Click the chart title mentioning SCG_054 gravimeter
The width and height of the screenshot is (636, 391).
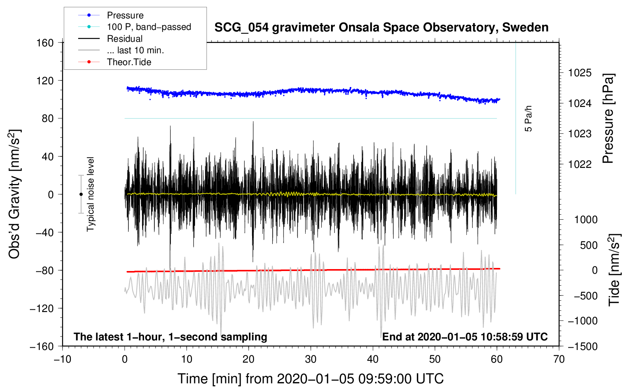point(381,28)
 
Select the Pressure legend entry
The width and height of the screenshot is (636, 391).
point(111,15)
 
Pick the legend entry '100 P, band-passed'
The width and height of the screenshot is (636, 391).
point(134,27)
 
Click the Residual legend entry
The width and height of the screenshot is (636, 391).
point(110,39)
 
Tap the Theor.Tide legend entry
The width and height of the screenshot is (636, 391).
point(115,62)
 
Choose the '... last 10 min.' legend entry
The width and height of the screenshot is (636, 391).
point(121,50)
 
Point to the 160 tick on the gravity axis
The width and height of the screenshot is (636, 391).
point(45,43)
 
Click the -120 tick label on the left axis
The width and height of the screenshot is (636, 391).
point(42,308)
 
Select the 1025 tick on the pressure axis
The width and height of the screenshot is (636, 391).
point(580,73)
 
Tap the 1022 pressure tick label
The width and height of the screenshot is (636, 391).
point(580,164)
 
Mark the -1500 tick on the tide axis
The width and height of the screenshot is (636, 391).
point(583,347)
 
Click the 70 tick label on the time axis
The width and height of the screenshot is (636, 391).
point(559,360)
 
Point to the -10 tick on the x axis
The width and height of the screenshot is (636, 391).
point(62,360)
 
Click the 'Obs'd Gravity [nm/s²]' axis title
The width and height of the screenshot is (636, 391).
point(15,194)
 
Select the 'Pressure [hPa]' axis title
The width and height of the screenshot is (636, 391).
point(608,118)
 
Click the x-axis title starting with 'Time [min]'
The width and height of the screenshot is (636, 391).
point(310,379)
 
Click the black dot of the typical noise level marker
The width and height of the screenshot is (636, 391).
point(81,194)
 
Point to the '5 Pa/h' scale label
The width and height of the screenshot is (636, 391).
point(528,119)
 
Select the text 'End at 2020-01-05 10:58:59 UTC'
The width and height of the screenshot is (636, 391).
point(465,337)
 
